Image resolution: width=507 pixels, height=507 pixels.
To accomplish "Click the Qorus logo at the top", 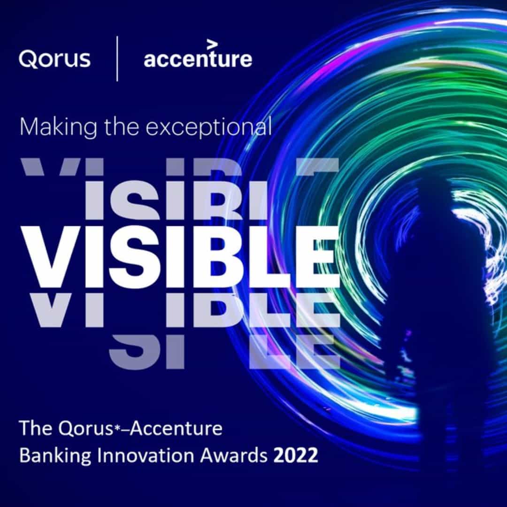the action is [54, 59].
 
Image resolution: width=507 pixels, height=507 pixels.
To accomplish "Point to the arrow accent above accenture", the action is [212, 44].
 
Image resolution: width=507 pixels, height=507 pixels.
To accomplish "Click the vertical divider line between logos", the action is [117, 59].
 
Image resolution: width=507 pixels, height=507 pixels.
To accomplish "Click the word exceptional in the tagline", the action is [208, 128].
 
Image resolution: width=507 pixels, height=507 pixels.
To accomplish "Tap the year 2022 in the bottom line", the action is [296, 455].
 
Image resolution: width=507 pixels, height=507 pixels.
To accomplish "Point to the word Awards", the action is [234, 455].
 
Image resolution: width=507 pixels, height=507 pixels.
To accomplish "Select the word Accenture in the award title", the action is [176, 428].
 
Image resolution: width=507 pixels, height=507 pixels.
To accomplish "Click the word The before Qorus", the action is [36, 428].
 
